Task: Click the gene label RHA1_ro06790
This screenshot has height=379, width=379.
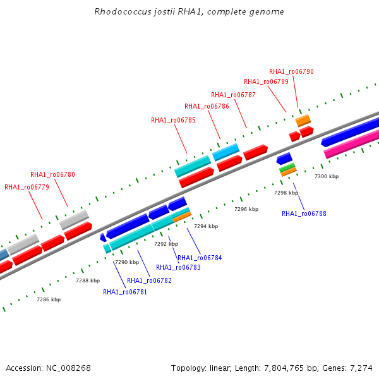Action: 291,71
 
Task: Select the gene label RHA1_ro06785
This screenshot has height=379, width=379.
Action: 173,120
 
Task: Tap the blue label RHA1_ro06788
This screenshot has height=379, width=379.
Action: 304,214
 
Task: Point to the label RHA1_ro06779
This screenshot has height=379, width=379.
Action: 27,187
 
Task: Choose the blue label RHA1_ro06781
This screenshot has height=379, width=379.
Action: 124,292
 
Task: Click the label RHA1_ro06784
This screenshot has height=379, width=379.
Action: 200,258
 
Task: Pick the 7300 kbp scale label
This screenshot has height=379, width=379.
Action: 327,176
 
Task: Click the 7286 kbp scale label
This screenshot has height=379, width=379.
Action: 49,299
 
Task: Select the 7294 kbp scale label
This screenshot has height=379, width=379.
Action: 206,226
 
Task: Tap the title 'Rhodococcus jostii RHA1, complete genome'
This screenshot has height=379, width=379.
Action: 189,11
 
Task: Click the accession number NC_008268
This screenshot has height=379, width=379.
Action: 68,368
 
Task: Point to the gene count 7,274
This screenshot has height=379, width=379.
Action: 361,368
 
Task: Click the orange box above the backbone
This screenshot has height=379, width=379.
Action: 303,121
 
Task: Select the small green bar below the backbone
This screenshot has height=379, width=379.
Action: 287,167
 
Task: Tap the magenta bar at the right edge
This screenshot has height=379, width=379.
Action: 351,143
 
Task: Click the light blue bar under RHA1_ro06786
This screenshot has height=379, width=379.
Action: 226,152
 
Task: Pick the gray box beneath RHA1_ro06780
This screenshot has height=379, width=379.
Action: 74,220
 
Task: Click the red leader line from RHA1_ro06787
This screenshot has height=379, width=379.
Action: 241,114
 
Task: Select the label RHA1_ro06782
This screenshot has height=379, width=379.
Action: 149,280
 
